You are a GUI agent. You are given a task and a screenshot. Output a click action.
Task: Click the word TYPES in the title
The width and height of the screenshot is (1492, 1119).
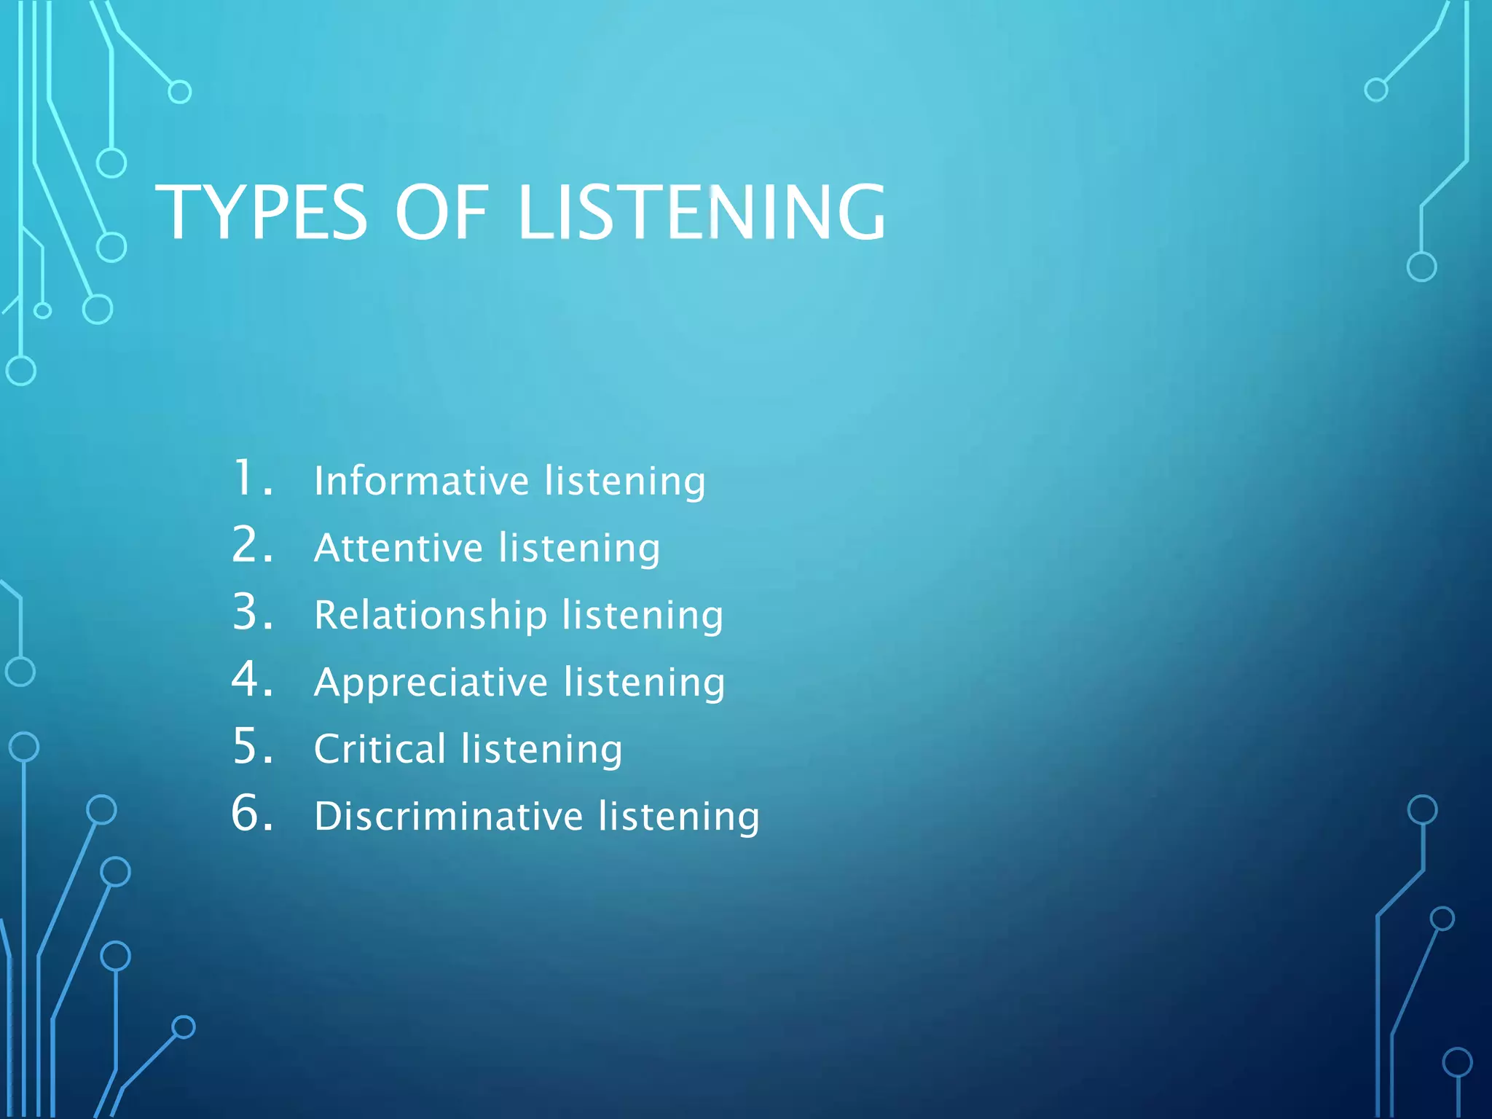pyautogui.click(x=262, y=212)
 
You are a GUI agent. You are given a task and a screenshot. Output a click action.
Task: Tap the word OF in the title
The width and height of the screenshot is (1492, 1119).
pyautogui.click(x=441, y=212)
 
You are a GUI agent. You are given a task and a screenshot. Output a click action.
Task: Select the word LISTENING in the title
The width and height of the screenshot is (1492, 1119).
pyautogui.click(x=702, y=212)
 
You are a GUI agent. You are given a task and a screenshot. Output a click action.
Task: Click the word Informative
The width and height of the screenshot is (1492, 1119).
pyautogui.click(x=421, y=481)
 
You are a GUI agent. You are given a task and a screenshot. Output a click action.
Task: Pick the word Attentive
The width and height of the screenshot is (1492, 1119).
pyautogui.click(x=398, y=548)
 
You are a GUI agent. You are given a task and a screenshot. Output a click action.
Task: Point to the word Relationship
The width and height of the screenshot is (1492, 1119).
pyautogui.click(x=431, y=616)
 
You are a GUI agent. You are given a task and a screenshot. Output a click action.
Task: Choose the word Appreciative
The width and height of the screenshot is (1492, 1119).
pyautogui.click(x=431, y=683)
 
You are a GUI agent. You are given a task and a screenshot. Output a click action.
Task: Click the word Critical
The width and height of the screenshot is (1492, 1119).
pyautogui.click(x=380, y=749)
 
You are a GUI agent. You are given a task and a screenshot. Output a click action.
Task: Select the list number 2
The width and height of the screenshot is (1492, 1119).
pyautogui.click(x=251, y=545)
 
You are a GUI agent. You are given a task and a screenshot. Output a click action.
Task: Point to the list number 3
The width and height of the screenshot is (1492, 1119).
pyautogui.click(x=251, y=612)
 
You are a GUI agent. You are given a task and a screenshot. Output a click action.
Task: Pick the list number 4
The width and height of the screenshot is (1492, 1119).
pyautogui.click(x=251, y=679)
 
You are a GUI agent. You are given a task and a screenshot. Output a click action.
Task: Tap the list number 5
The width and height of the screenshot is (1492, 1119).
pyautogui.click(x=251, y=746)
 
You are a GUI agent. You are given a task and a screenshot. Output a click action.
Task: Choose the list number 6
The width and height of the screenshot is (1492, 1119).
pyautogui.click(x=251, y=813)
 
